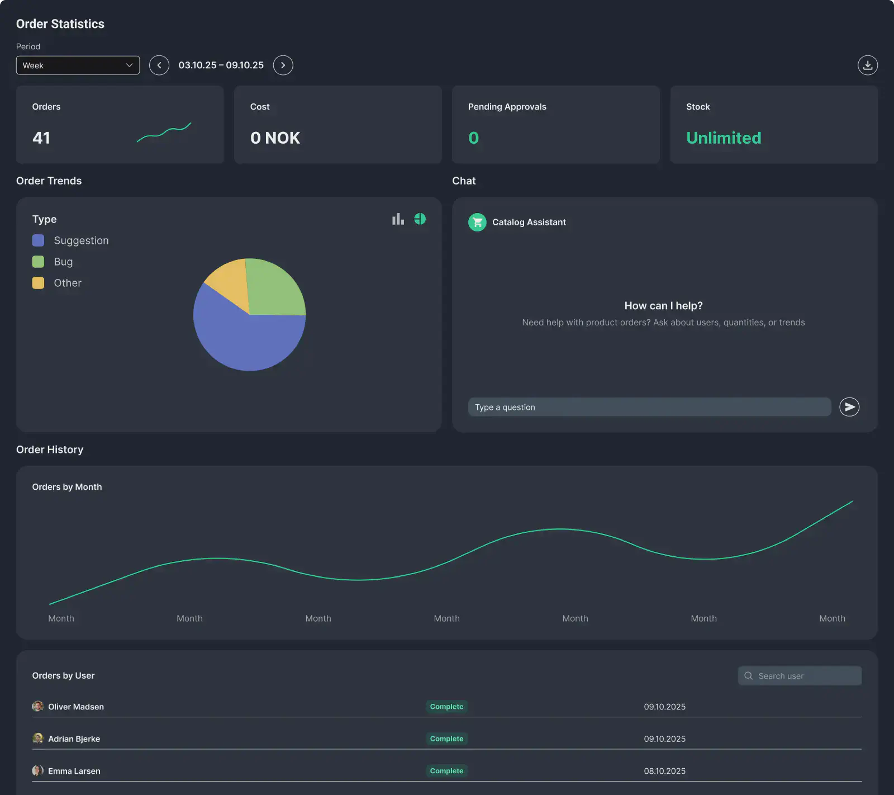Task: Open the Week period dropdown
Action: (78, 65)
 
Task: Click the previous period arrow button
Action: (159, 65)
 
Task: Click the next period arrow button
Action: (283, 65)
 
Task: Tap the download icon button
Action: (867, 65)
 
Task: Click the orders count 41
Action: (41, 138)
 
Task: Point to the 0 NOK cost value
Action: (275, 138)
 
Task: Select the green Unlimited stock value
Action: (724, 138)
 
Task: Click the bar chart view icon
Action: (398, 219)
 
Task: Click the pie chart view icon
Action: (420, 219)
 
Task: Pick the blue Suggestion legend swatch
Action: (38, 240)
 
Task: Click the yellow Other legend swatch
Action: (38, 283)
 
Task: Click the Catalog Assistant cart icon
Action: (477, 222)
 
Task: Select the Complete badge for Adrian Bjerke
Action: (446, 739)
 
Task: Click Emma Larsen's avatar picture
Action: (38, 770)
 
